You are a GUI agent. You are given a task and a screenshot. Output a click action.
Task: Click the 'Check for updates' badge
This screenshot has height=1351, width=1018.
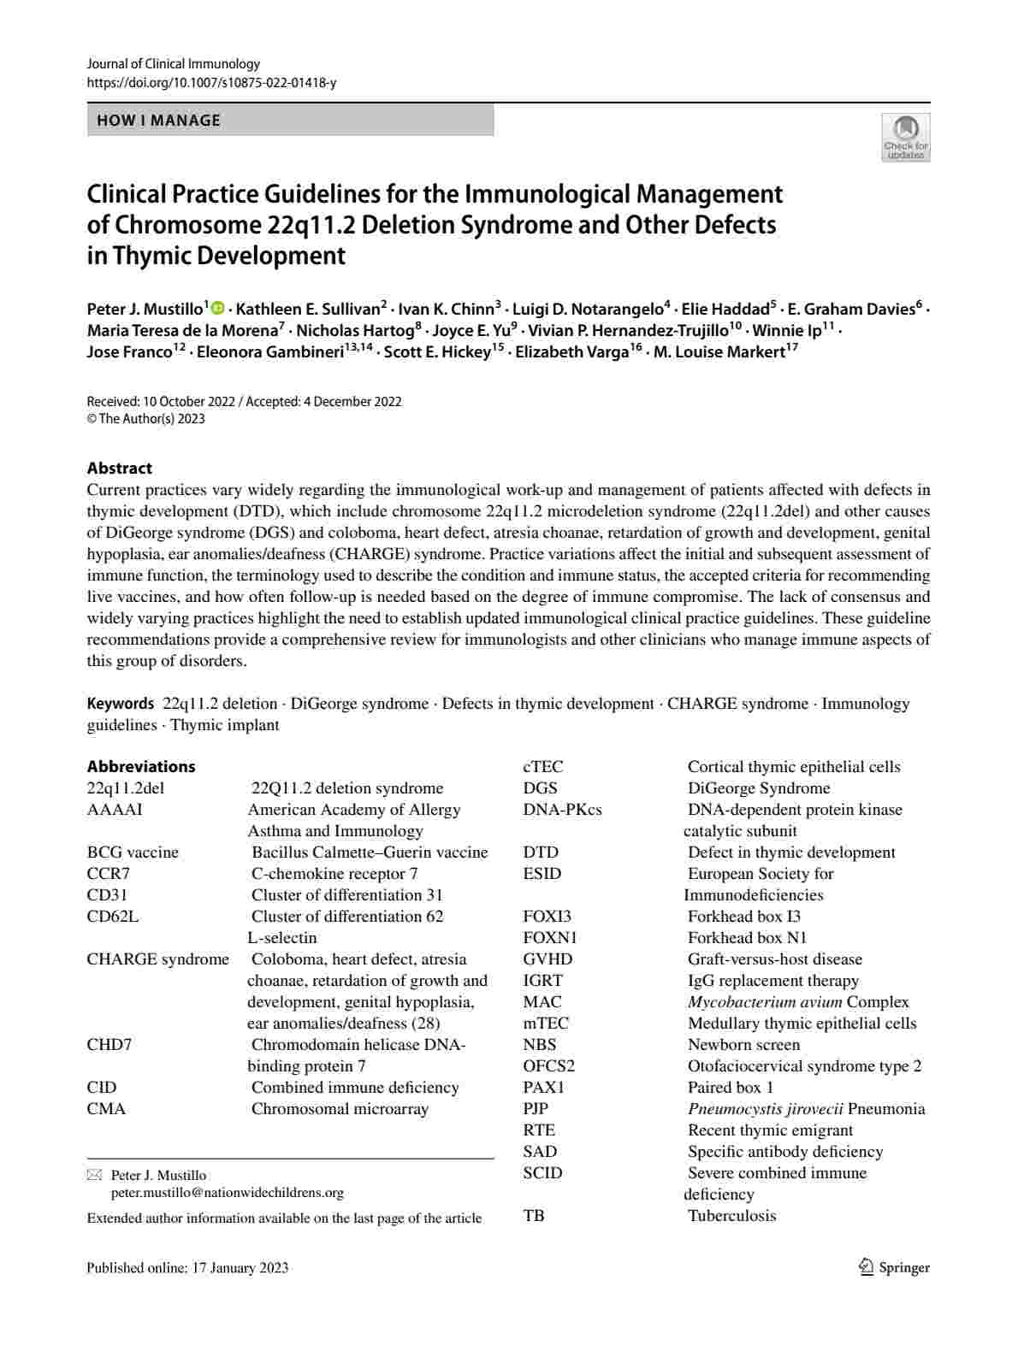click(x=905, y=137)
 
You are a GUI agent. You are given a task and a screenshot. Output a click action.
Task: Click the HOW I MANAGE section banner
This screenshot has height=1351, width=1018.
click(x=290, y=121)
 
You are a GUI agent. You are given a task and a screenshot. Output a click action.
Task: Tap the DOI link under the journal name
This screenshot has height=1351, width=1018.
click(x=211, y=83)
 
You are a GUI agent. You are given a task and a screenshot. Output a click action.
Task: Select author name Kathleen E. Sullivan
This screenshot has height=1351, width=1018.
click(x=311, y=310)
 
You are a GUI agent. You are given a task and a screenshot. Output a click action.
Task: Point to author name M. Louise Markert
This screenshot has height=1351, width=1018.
click(x=719, y=352)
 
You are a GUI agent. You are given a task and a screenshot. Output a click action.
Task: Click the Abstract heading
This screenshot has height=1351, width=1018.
click(x=119, y=468)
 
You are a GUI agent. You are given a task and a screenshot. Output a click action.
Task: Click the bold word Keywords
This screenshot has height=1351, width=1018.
click(x=120, y=704)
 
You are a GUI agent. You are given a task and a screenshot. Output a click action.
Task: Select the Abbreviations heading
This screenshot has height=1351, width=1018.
click(x=140, y=766)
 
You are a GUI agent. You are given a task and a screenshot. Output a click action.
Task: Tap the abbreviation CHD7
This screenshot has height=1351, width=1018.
click(x=109, y=1044)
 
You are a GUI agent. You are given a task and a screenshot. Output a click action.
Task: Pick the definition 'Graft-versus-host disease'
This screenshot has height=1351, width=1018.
click(x=775, y=959)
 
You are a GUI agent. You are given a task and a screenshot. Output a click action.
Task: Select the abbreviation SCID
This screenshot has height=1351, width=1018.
click(x=542, y=1172)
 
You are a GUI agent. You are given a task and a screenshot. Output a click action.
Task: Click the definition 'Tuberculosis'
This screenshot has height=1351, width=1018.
click(x=731, y=1215)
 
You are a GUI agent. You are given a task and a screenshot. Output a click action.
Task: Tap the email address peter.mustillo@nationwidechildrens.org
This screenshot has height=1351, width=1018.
click(x=227, y=1192)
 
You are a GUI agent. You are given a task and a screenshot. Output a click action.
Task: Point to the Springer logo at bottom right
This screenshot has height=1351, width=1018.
click(x=894, y=1267)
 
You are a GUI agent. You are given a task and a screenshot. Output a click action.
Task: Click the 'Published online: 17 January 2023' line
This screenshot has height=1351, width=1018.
click(x=187, y=1267)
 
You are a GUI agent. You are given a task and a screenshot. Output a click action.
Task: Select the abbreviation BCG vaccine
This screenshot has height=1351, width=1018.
click(x=133, y=852)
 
